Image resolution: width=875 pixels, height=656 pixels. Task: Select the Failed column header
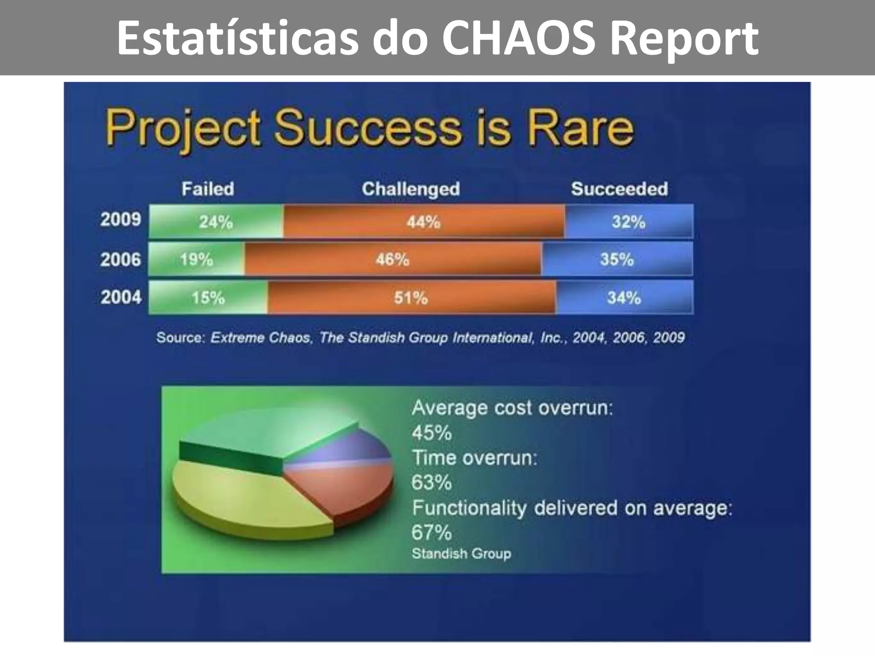(x=208, y=189)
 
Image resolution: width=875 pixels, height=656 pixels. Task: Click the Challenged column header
(x=411, y=189)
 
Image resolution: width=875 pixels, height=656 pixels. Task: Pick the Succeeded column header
(x=619, y=189)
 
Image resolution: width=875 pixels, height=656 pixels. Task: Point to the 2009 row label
(x=120, y=220)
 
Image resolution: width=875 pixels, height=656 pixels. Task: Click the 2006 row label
(x=120, y=259)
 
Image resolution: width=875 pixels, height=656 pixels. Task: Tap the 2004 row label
(x=121, y=297)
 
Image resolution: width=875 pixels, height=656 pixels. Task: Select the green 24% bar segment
(x=216, y=222)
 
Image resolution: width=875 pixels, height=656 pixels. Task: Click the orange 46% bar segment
(x=392, y=259)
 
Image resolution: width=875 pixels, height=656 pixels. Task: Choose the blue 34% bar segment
(x=624, y=298)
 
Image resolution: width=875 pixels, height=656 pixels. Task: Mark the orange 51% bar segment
(x=411, y=298)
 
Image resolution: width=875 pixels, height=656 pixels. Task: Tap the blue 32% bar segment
(x=628, y=222)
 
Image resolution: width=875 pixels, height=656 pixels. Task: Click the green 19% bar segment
(x=196, y=259)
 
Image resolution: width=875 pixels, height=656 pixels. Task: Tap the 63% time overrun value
(x=431, y=483)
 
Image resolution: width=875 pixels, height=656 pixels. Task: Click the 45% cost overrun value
(x=431, y=433)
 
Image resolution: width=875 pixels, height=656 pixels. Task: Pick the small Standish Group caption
(x=461, y=553)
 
